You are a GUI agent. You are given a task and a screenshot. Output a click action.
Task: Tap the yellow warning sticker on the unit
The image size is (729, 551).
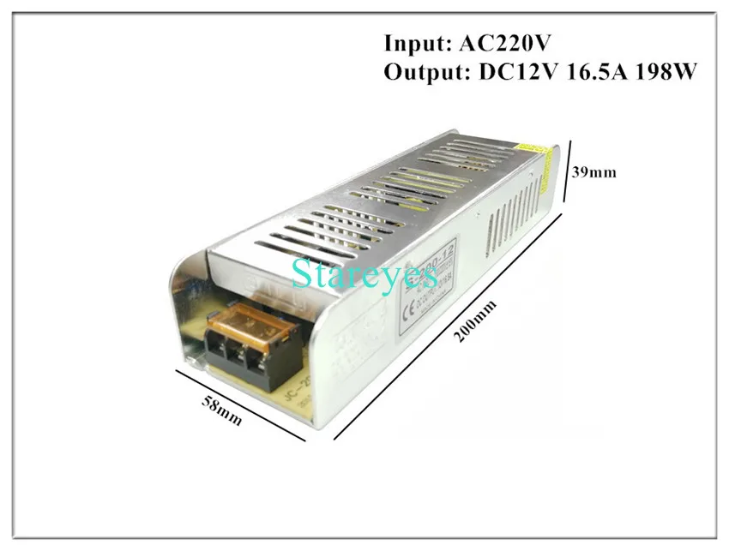(537, 152)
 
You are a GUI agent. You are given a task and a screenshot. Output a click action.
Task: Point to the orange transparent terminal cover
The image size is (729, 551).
(245, 324)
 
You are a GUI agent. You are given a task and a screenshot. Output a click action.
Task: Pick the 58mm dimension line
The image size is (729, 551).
(241, 404)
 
